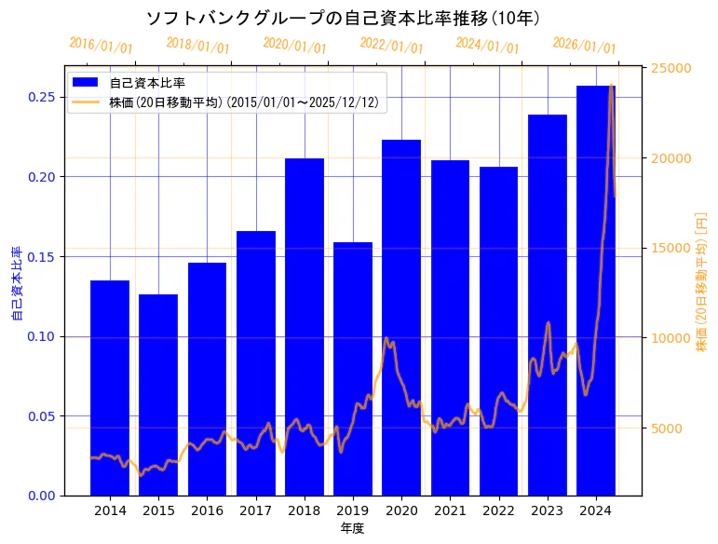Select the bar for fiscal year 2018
point(305,327)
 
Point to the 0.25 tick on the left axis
point(40,97)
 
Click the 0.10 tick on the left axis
point(40,336)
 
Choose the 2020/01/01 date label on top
point(295,46)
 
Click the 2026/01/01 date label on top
point(585,46)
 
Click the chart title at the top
point(344,18)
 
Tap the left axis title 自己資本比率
point(16,283)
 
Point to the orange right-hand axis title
point(701,280)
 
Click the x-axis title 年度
point(352,528)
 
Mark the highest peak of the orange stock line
point(611,86)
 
